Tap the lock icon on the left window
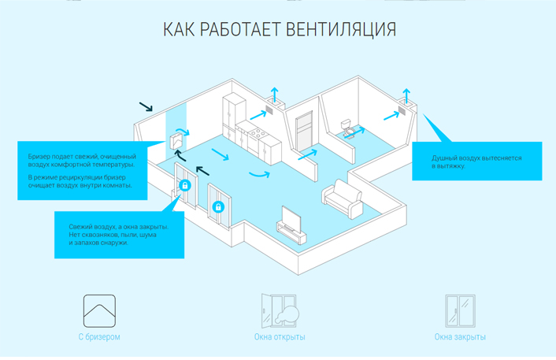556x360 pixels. [184, 186]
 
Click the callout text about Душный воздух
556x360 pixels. [476, 162]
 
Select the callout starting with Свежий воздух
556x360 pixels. [119, 235]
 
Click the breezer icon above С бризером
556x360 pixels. [99, 310]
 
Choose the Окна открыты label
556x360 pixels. [280, 337]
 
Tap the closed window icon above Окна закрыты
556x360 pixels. [459, 310]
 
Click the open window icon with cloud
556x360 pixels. [280, 310]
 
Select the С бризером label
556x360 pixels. [99, 337]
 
